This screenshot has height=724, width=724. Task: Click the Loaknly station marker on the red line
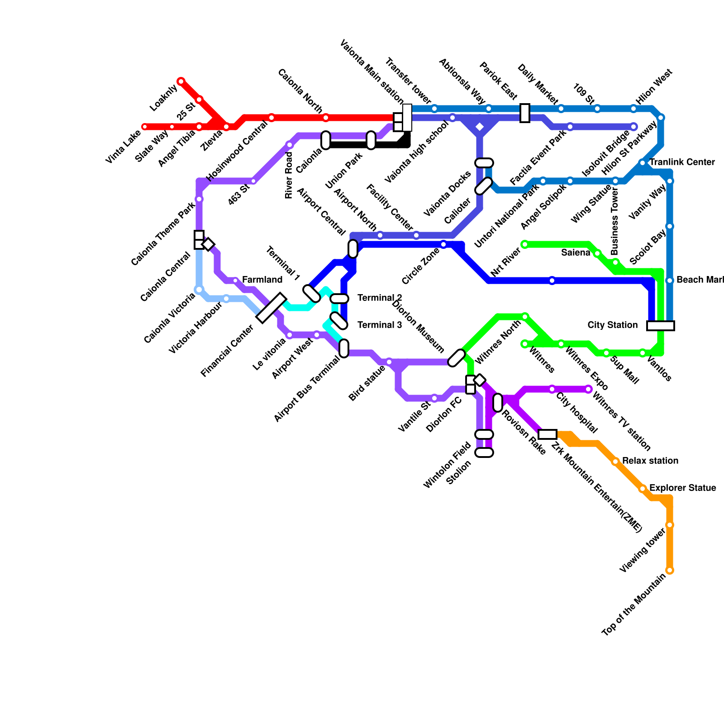tap(181, 81)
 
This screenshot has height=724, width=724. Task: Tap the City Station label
tap(612, 325)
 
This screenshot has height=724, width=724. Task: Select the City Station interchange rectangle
tap(661, 326)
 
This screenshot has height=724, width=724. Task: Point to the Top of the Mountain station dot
tap(670, 570)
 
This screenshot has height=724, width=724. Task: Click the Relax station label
tap(650, 461)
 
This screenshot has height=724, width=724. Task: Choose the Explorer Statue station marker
tap(643, 489)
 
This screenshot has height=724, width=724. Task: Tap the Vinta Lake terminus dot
tap(145, 127)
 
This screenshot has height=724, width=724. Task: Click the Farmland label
tap(262, 280)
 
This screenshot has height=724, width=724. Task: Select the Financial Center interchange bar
tap(271, 308)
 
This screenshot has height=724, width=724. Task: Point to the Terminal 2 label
tap(379, 298)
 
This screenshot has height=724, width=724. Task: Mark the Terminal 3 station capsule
tap(339, 321)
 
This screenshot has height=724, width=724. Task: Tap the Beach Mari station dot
tap(670, 281)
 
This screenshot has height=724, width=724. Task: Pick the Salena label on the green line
tap(576, 252)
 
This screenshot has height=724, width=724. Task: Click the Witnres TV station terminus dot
tap(588, 389)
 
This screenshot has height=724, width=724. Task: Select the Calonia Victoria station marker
tap(199, 290)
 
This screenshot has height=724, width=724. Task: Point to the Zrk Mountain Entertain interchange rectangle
tap(548, 434)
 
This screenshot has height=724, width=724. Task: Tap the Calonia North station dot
tap(326, 118)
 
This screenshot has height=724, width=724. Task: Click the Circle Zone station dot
tap(443, 244)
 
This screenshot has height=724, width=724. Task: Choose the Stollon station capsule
tap(484, 452)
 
